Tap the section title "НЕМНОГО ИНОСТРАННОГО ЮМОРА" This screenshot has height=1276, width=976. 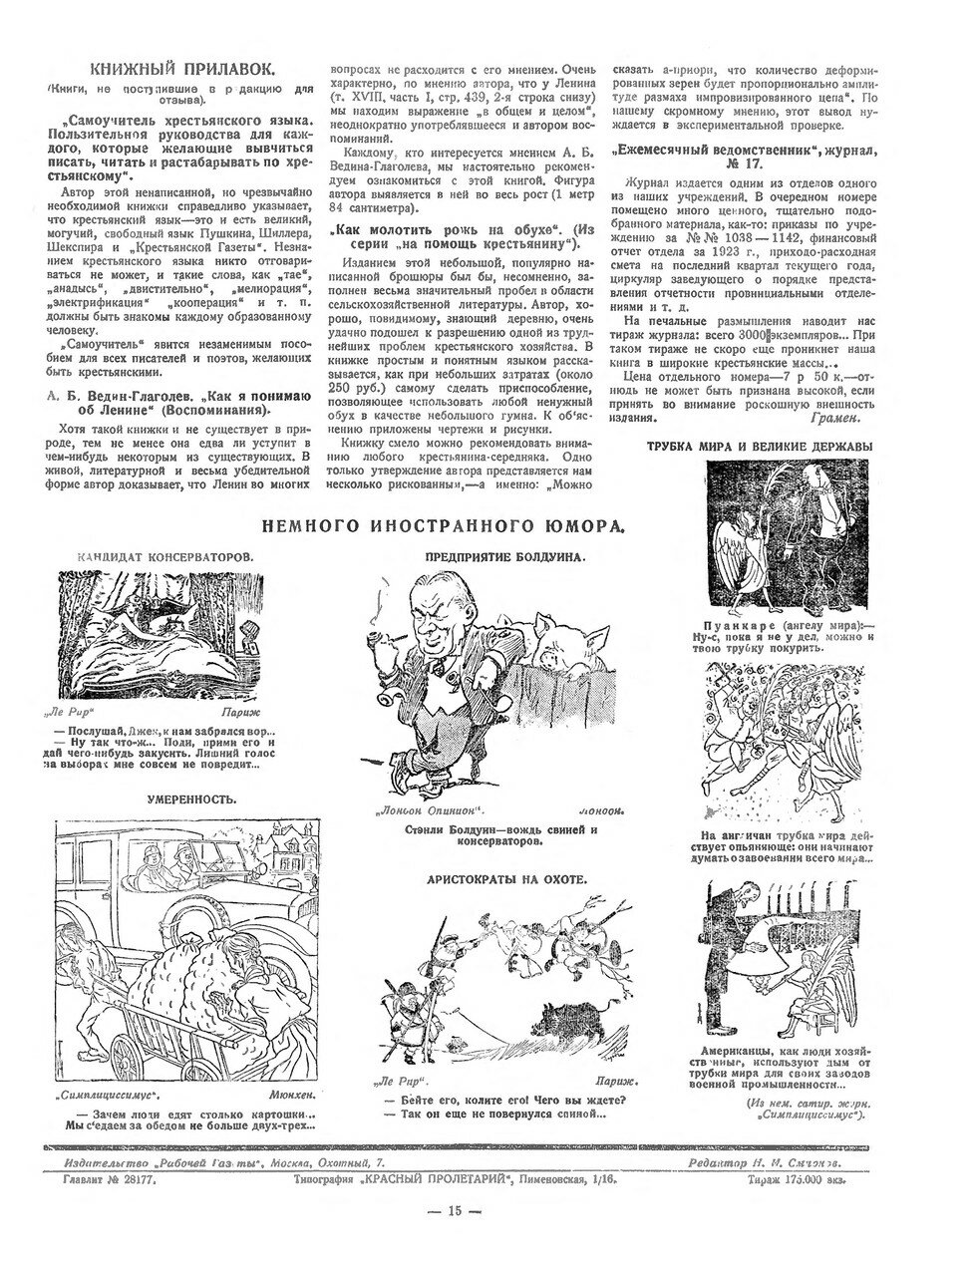click(x=445, y=525)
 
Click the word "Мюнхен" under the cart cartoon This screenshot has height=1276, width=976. click(x=289, y=1094)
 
